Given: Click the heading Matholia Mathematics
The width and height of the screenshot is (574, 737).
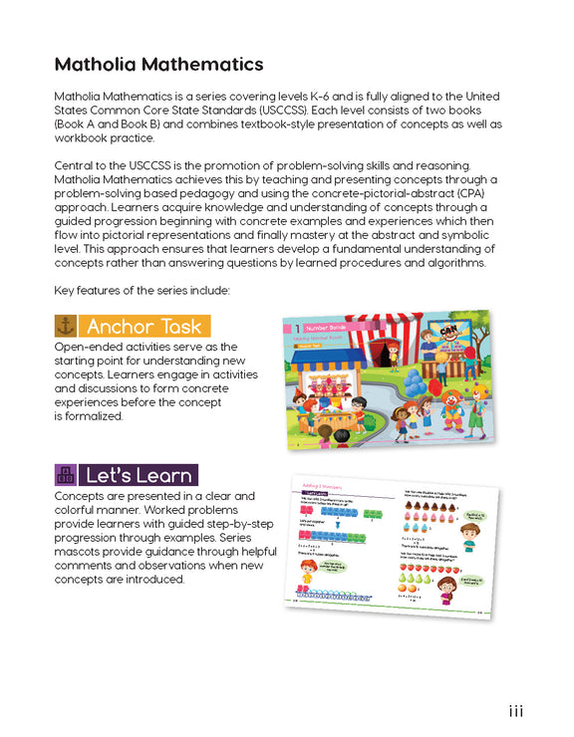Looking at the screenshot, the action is point(158,65).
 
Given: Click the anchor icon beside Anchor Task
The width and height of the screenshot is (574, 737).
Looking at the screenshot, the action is point(66,326).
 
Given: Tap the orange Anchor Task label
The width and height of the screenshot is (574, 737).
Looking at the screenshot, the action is point(145,326).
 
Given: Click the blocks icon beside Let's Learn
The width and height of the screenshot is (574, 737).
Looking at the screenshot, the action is point(66,474).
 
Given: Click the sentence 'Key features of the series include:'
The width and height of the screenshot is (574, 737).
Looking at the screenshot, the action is point(143,290).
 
